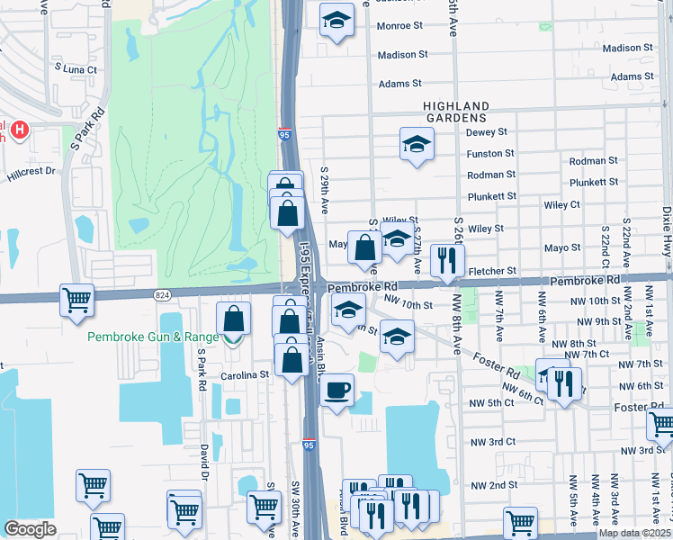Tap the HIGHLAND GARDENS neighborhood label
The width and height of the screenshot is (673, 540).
point(456,112)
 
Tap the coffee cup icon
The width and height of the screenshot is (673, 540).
point(337,391)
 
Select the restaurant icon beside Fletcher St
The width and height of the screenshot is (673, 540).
point(446,262)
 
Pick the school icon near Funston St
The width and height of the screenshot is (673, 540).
point(416,144)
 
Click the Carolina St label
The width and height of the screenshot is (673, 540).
point(248,374)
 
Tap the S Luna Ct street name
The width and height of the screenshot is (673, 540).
point(74,68)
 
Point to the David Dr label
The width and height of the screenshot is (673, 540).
point(204,460)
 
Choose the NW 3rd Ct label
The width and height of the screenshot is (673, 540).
point(493,442)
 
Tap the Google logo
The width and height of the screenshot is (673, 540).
point(30,529)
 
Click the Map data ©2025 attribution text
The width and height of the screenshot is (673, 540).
point(633,533)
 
